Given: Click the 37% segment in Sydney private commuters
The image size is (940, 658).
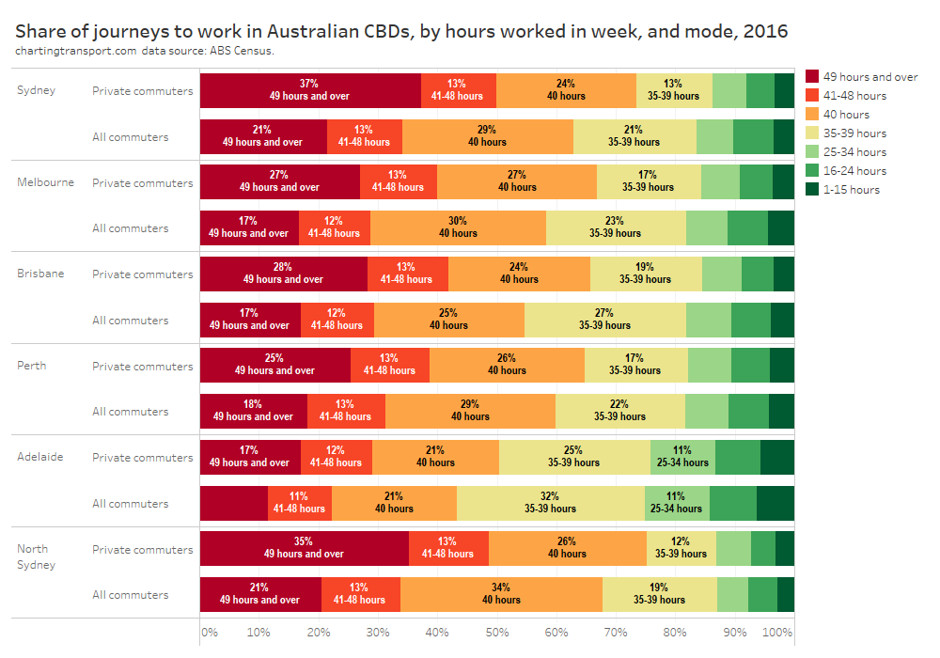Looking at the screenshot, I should [310, 89].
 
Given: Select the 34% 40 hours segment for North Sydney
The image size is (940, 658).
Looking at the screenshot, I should [501, 594].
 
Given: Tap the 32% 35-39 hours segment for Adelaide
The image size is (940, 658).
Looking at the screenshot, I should [550, 503].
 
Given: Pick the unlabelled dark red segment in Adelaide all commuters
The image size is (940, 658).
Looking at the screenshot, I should [234, 503].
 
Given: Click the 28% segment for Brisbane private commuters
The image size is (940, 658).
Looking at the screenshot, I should [283, 273].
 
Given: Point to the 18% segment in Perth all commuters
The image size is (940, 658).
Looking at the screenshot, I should [253, 411].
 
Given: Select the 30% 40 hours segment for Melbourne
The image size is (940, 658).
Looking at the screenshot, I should [458, 227].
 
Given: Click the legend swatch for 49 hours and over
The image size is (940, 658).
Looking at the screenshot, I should [813, 76].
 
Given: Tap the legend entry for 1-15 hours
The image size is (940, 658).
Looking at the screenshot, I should [851, 189].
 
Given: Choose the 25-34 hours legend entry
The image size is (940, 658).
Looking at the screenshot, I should [854, 151].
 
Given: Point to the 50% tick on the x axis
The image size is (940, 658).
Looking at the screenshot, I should [497, 633].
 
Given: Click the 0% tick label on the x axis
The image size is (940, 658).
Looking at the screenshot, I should [209, 633].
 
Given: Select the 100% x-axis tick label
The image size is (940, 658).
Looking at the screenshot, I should [777, 633].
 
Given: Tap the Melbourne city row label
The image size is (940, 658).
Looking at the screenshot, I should [45, 182].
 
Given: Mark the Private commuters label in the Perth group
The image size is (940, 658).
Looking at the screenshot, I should [143, 367].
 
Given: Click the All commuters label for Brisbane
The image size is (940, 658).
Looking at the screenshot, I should [131, 321].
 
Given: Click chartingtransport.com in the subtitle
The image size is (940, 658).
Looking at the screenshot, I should [76, 51].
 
